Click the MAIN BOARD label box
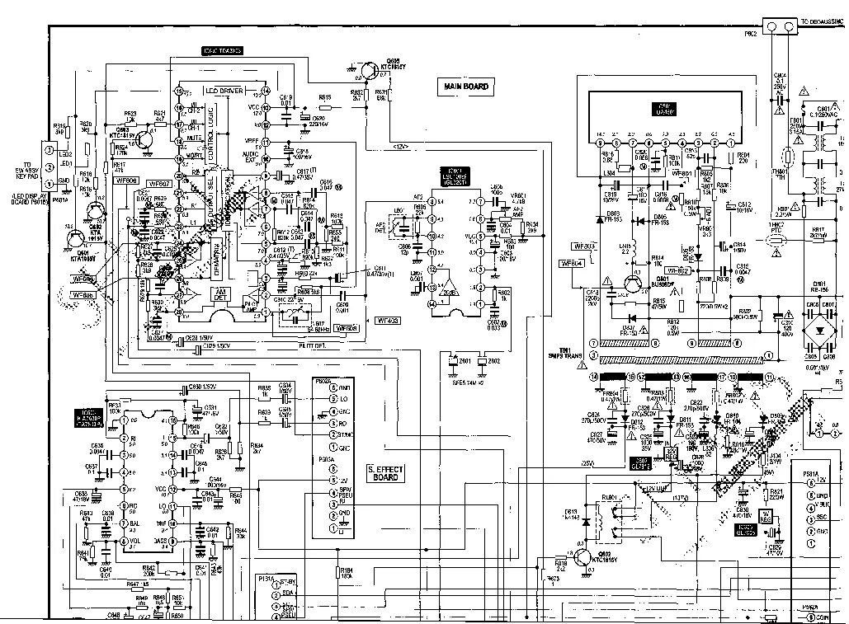pyautogui.click(x=466, y=86)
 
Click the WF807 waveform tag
pyautogui.click(x=158, y=183)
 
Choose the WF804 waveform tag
pyautogui.click(x=571, y=263)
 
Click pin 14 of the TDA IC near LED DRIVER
pyautogui.click(x=265, y=90)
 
